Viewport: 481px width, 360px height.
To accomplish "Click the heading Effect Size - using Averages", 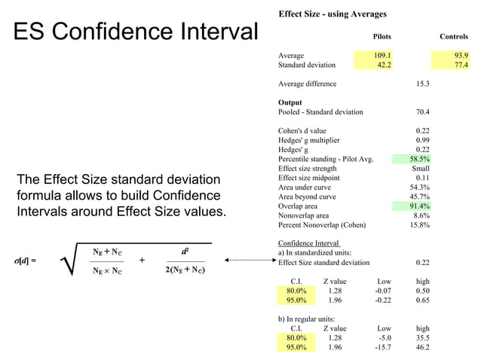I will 332,14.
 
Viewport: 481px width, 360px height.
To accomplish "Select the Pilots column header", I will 381,36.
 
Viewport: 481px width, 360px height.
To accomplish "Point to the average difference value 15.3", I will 422,84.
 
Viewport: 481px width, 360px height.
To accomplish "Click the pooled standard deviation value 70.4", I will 422,112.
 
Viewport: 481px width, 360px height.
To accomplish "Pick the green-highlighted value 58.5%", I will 419,159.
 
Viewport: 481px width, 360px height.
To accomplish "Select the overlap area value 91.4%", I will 419,206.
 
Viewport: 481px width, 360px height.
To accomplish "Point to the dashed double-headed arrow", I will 250,261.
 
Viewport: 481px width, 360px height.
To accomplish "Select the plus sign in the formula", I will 142,261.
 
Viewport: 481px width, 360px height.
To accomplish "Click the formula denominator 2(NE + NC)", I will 185,270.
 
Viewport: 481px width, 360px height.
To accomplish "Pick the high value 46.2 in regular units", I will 422,348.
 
